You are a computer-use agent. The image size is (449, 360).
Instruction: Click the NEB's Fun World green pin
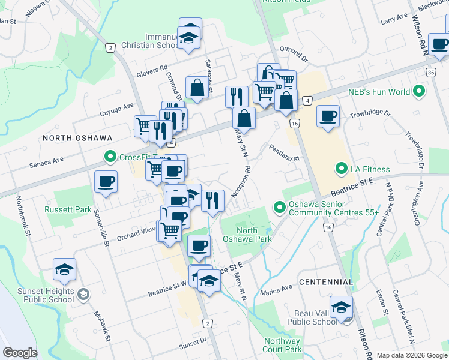coord(419,92)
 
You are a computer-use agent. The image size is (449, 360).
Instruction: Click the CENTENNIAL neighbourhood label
coord(325,281)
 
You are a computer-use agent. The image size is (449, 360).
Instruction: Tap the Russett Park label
coord(67,210)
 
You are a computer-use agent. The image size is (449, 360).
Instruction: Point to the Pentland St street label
coord(284,154)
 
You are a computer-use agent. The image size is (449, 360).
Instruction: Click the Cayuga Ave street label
coord(116,107)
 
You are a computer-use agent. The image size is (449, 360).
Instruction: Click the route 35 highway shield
coord(431,72)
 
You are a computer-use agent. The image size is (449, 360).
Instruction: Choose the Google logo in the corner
coord(20,353)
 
